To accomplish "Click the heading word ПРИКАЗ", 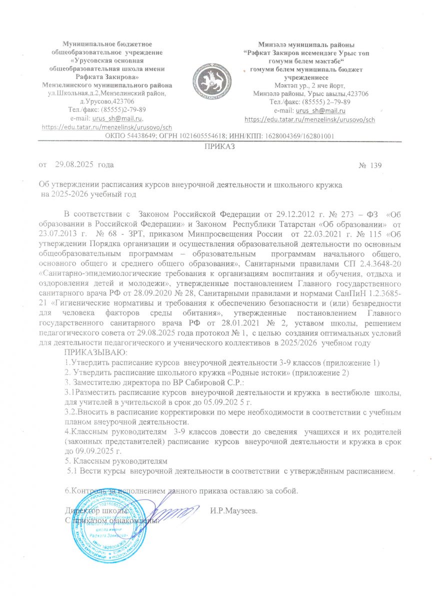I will tap(218, 146).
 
